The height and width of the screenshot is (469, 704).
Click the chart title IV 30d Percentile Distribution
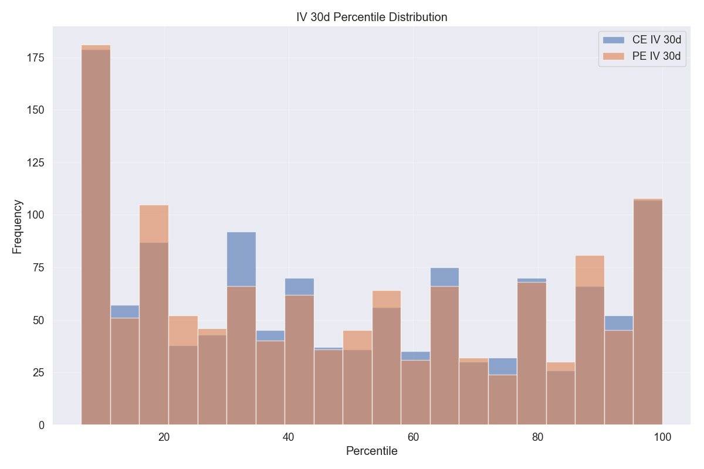pyautogui.click(x=371, y=17)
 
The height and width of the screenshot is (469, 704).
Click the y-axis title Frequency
pyautogui.click(x=18, y=226)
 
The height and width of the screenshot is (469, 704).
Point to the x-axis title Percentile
pyautogui.click(x=371, y=451)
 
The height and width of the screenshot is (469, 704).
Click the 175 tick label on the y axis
pyautogui.click(x=36, y=58)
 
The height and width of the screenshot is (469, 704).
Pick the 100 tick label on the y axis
pyautogui.click(x=36, y=215)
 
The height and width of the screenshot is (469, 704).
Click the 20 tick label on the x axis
pyautogui.click(x=164, y=437)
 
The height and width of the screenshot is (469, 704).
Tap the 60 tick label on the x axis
pyautogui.click(x=413, y=437)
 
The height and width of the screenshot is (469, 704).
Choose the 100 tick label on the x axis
pyautogui.click(x=662, y=437)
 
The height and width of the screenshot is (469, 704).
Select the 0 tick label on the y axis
pyautogui.click(x=42, y=425)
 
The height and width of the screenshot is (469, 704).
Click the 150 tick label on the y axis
pyautogui.click(x=36, y=110)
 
